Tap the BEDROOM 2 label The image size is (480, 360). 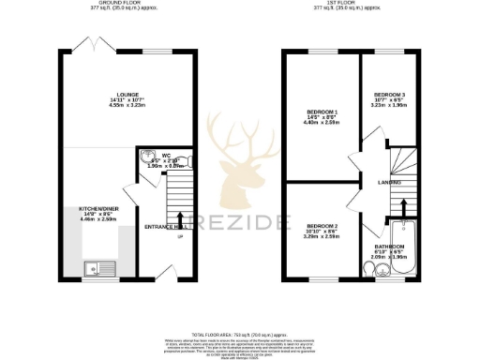(321, 226)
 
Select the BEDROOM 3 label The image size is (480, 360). (389, 95)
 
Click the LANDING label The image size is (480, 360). (390, 182)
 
